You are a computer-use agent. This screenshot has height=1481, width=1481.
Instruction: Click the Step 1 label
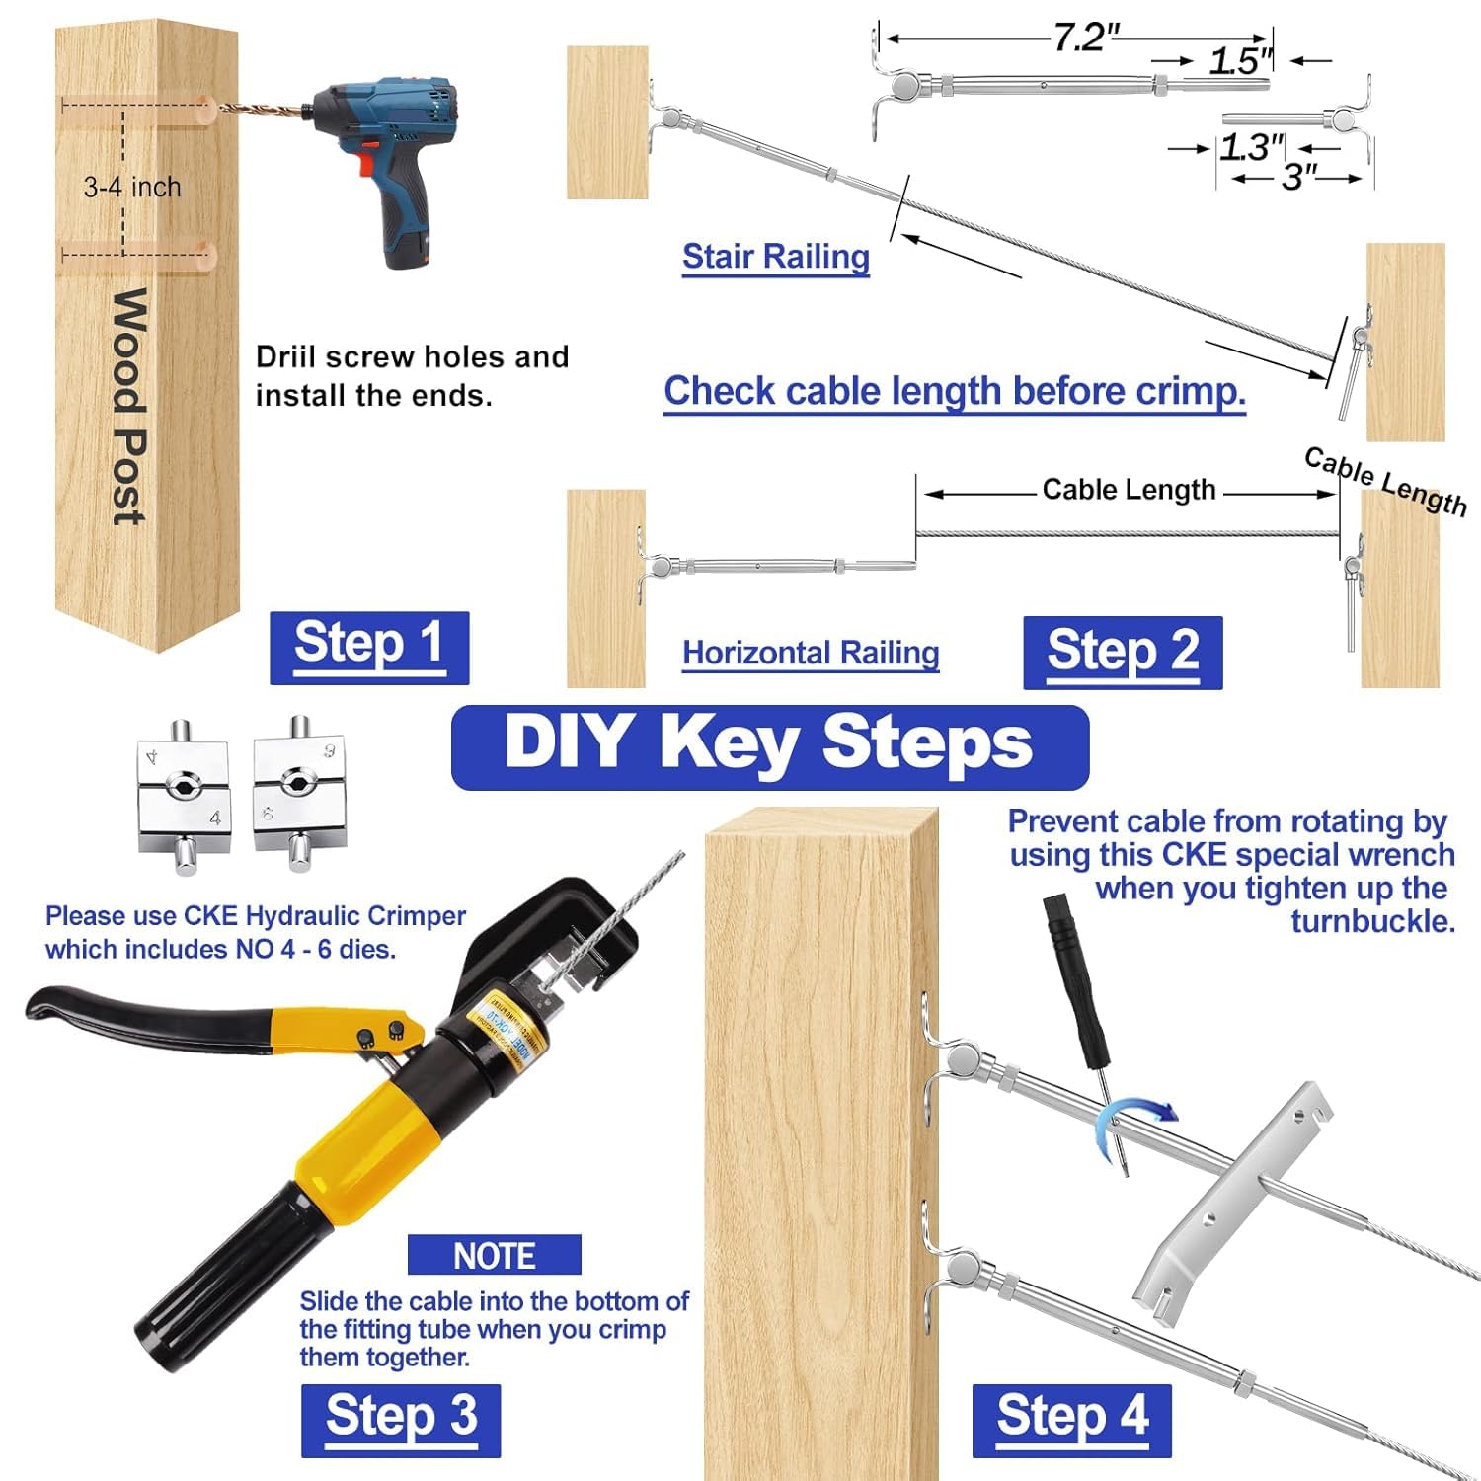pos(369,647)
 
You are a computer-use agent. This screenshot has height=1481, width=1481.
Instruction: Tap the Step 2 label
pos(1123,653)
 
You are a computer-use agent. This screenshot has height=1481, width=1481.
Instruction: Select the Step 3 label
pos(401,1419)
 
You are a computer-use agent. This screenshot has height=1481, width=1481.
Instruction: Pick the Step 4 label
pos(1071,1419)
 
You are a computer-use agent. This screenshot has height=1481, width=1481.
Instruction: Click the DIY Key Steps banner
pos(769,745)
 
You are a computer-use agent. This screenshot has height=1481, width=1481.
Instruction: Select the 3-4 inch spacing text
pos(132,187)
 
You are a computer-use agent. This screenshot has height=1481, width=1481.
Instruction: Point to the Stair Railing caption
pos(776,257)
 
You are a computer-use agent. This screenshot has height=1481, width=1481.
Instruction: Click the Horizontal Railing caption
pos(811,653)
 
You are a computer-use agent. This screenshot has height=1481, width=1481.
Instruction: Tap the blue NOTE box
pos(494,1255)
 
